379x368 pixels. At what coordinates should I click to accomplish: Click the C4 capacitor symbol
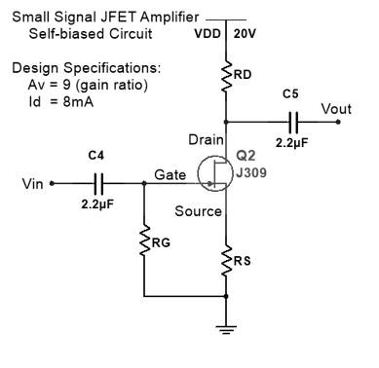[x=97, y=182]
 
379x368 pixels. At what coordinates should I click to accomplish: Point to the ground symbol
[x=227, y=329]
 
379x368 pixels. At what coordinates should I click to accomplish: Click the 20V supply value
[x=244, y=33]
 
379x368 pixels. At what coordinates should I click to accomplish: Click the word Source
[x=199, y=211]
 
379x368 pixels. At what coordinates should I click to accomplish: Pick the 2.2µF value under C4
[x=97, y=205]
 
